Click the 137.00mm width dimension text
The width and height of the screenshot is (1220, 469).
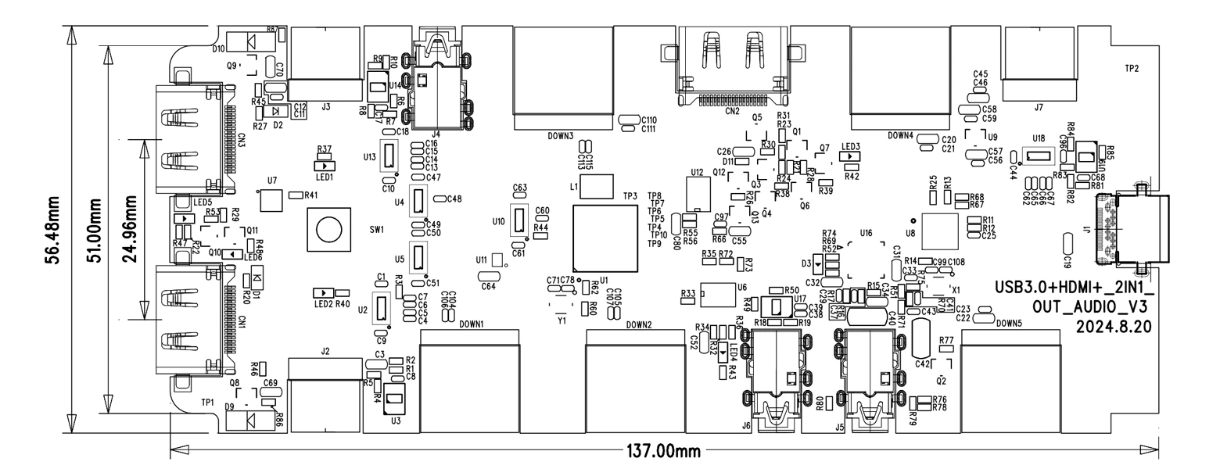coord(664,451)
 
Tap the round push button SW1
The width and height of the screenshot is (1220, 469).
coord(328,230)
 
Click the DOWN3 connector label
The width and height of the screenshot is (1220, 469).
coord(560,136)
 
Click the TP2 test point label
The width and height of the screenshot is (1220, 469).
coord(1131,69)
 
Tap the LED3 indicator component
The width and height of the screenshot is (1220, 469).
coord(849,156)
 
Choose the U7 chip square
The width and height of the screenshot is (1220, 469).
coord(271,199)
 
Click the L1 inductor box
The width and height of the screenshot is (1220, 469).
coord(598,187)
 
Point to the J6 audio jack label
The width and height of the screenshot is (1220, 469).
coord(745,426)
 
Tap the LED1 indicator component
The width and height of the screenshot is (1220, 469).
coord(324,165)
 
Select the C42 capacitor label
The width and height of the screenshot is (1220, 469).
coord(923,363)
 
